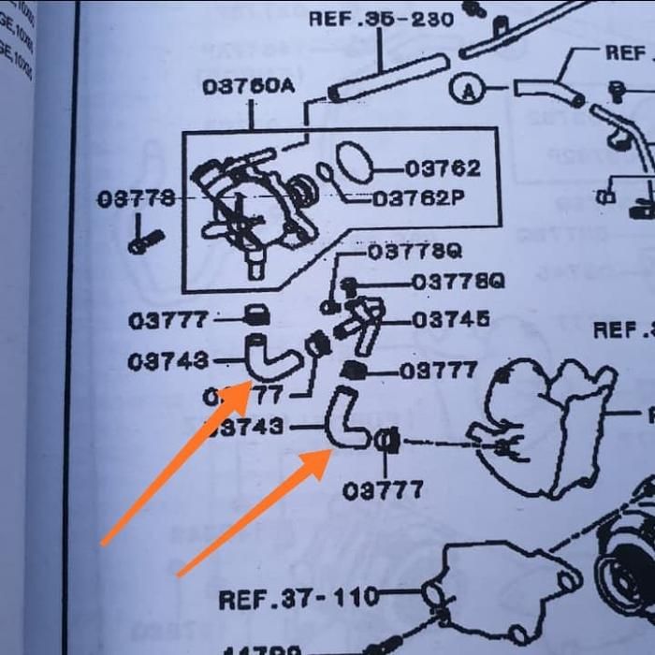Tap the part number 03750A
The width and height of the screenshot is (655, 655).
[248, 87]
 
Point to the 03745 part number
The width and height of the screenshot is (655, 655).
[450, 320]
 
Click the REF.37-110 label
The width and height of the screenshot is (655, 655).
[298, 596]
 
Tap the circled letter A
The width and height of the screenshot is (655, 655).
[466, 89]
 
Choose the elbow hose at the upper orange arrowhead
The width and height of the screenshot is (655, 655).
[267, 354]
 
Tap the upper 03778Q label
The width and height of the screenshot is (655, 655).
[415, 252]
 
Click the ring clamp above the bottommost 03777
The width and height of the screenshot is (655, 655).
[386, 441]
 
